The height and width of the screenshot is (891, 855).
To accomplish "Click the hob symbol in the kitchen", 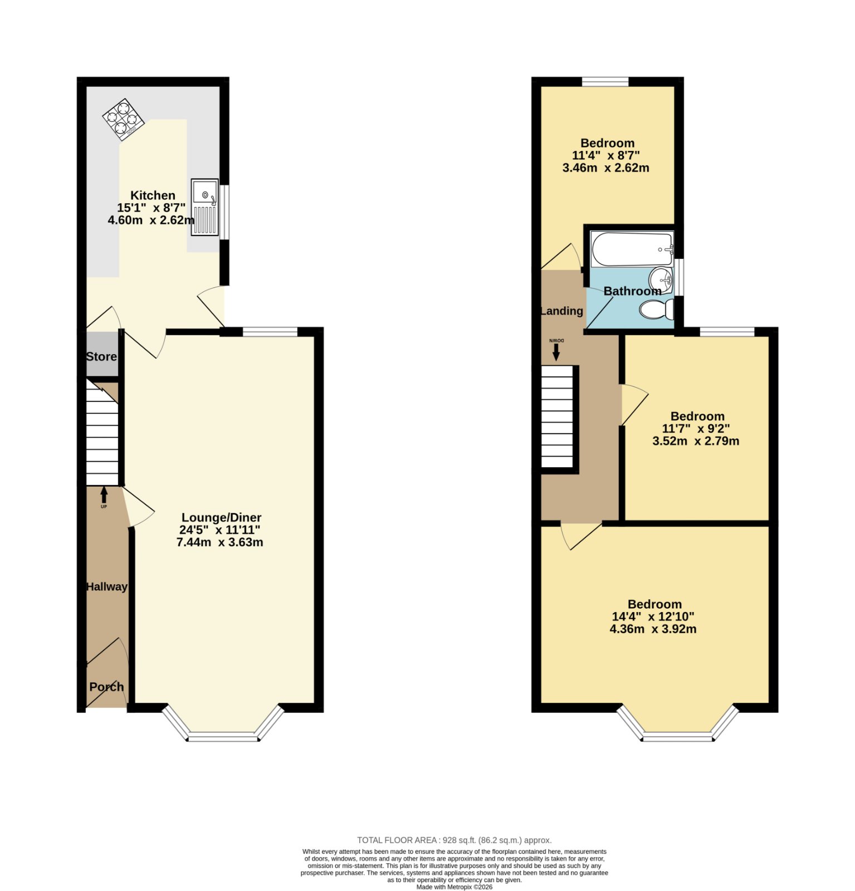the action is (x=124, y=120).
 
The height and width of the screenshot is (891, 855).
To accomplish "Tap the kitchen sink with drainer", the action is (x=205, y=207).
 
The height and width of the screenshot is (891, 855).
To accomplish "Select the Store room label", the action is (x=101, y=357).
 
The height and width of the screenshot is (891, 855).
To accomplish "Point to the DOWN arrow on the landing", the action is (x=556, y=350).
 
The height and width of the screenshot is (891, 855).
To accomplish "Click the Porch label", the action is (x=106, y=687).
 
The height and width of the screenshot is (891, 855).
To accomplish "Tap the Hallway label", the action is (x=106, y=587).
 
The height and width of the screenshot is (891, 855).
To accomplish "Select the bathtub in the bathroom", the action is (x=633, y=249).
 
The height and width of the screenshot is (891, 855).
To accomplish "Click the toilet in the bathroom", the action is (x=657, y=310).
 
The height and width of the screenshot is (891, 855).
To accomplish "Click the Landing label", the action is (x=562, y=311).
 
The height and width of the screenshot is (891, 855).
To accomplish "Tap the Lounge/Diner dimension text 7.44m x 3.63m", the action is (x=220, y=542).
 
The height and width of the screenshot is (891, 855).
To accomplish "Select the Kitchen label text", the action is (x=153, y=195).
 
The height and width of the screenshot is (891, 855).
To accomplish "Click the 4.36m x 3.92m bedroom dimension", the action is (x=653, y=629).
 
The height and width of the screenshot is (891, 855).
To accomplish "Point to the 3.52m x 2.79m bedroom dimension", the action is (x=696, y=442).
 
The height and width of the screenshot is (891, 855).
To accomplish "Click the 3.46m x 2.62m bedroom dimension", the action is (x=606, y=168).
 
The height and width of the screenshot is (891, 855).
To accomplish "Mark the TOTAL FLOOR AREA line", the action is (x=455, y=840).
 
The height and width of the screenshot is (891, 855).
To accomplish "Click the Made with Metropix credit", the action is (x=455, y=887).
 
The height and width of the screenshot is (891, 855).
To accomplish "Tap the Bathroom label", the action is (x=633, y=291).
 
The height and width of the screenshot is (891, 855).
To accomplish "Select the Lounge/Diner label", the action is (x=222, y=518).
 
